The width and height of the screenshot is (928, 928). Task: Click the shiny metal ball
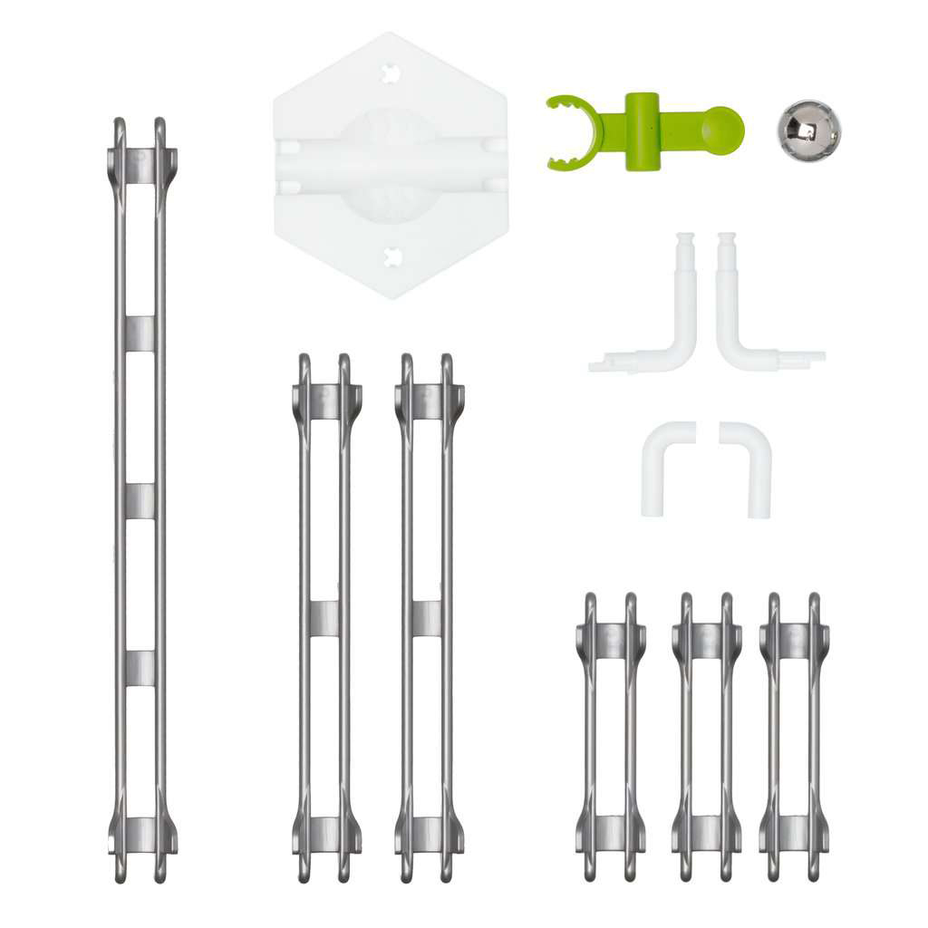click(x=808, y=130)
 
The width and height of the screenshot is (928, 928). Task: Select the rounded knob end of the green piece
click(x=724, y=129)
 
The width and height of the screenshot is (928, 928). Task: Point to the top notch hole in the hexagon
click(x=391, y=73)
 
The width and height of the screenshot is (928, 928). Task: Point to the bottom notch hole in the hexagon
click(x=391, y=257)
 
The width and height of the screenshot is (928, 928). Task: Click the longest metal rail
click(x=140, y=498)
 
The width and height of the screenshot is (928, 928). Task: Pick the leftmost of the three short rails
click(x=610, y=736)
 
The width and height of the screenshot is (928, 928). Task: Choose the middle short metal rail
click(x=706, y=736)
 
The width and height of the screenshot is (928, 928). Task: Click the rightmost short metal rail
click(x=794, y=736)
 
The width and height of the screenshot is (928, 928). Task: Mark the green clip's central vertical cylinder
click(x=643, y=130)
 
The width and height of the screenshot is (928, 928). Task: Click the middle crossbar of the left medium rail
click(x=324, y=617)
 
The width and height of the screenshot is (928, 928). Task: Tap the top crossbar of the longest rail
click(x=140, y=165)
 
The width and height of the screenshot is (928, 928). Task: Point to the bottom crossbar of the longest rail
click(x=140, y=834)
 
